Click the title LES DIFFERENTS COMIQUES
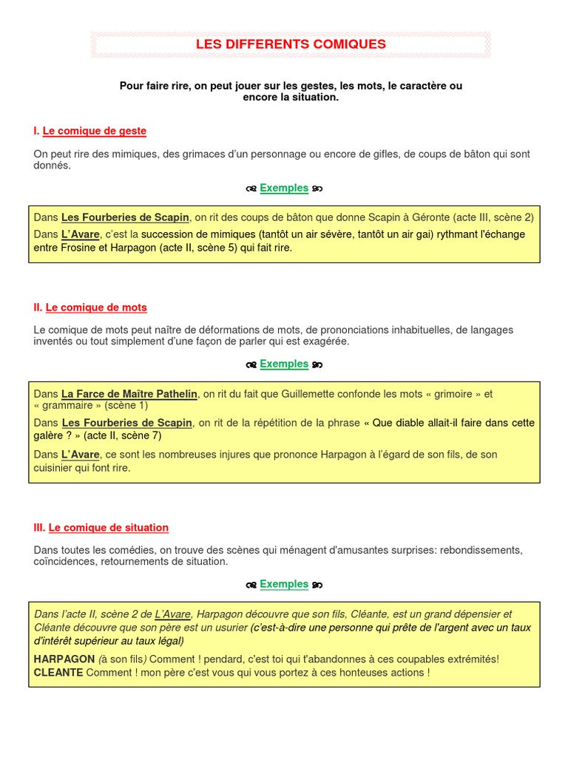point(291,44)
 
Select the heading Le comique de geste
point(95,131)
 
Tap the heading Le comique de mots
point(96,307)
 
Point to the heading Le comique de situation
point(109,527)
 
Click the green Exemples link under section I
point(284,188)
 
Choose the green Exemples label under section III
point(284,584)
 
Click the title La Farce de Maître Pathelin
point(129,394)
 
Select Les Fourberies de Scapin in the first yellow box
point(125,217)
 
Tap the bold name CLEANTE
point(58,673)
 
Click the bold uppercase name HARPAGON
point(64,659)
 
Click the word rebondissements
point(486,550)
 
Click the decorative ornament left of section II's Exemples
point(251,364)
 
